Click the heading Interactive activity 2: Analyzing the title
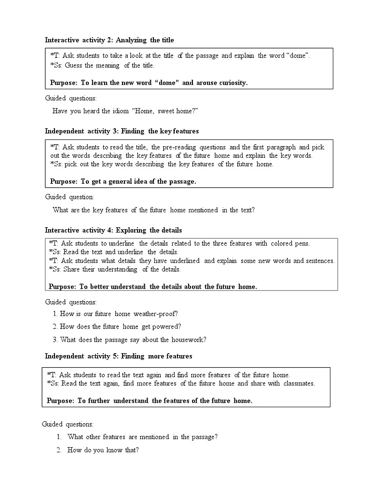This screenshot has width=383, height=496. (109, 40)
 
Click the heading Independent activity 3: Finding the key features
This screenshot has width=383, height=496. (122, 131)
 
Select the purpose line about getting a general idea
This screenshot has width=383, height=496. (123, 181)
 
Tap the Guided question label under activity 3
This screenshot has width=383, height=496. (69, 197)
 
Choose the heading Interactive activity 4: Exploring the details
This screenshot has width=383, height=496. (113, 230)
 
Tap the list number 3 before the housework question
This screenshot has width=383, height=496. (55, 339)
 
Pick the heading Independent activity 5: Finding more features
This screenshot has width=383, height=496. (118, 356)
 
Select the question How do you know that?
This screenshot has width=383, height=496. (103, 450)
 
